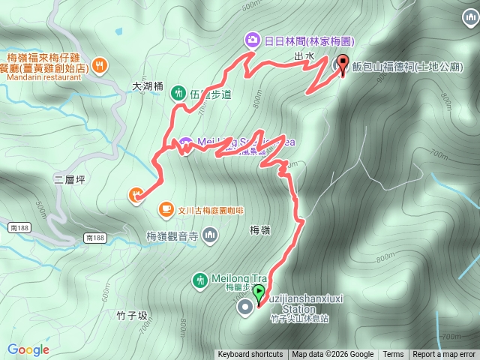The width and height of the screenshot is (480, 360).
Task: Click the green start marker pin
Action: pyautogui.click(x=259, y=292)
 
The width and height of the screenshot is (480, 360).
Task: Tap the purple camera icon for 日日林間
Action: pyautogui.click(x=253, y=39)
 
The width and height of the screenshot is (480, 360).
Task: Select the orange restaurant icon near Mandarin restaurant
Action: pyautogui.click(x=100, y=66)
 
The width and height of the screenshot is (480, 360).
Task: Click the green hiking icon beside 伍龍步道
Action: pyautogui.click(x=178, y=93)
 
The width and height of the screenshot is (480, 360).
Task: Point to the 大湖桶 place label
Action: pyautogui.click(x=147, y=86)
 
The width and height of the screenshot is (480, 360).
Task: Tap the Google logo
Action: pyautogui.click(x=28, y=349)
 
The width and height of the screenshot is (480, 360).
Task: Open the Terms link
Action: pyautogui.click(x=393, y=355)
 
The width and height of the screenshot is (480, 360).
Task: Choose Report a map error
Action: pyautogui.click(x=444, y=355)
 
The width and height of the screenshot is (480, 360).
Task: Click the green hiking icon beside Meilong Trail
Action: pyautogui.click(x=199, y=280)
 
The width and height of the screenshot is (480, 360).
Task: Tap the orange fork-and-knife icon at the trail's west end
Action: pyautogui.click(x=136, y=195)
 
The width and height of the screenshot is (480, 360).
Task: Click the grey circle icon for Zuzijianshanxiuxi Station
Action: pyautogui.click(x=244, y=306)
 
